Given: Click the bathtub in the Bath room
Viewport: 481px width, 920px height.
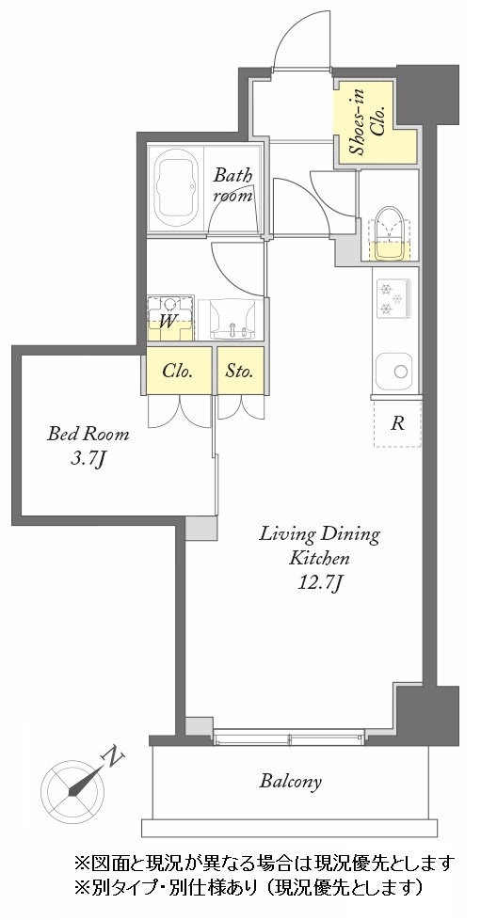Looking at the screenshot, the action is pos(176,189).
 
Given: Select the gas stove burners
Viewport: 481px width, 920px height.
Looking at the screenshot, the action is pos(393,298).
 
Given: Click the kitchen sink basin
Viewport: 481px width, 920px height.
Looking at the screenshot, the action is pos(393,372).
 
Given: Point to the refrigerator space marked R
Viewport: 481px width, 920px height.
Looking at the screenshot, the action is pos(397,423).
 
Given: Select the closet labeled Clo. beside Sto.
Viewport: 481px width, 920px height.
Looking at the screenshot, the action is pos(179,371).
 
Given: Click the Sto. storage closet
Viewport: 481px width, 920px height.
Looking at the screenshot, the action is pos(240,371).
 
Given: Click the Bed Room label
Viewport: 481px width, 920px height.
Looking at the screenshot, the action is pos(88,435).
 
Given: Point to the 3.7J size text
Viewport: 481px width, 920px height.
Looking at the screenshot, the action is pos(88,459).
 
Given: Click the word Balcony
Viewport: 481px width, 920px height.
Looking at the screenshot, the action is pos(291,782).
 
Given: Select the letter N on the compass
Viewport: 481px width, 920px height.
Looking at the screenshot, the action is pos(113,758).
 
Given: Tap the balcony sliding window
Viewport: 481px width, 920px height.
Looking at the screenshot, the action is pos(288,737).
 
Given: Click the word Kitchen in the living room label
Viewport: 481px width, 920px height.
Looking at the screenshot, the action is pos(319,558).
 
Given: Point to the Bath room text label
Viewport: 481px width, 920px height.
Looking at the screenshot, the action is pos(232,185).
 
